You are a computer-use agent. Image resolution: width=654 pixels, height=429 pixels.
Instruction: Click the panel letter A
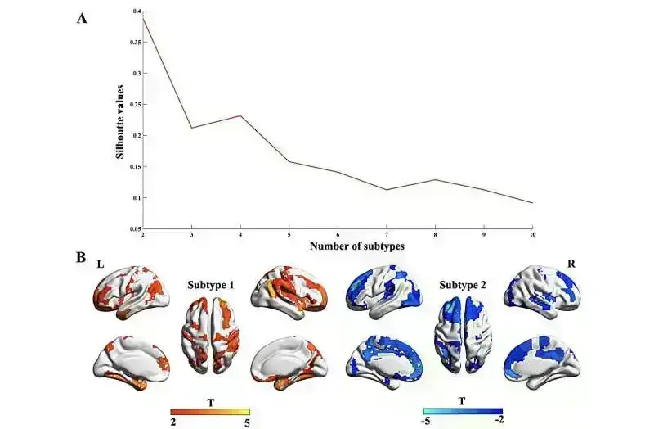(x=82, y=18)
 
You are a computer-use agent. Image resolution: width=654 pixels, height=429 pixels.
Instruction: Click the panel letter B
(x=82, y=257)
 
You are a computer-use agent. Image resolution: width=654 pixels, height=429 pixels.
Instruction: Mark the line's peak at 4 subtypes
(x=240, y=115)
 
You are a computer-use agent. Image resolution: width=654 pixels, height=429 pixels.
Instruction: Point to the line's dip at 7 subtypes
(x=386, y=190)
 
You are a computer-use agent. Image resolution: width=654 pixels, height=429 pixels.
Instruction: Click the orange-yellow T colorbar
(x=209, y=413)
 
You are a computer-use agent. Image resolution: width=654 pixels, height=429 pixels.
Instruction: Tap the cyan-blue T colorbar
(x=463, y=413)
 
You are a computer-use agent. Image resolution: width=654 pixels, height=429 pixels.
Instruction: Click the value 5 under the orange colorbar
(x=248, y=423)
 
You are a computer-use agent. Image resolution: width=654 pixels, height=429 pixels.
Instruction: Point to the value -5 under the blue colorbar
(x=426, y=423)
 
